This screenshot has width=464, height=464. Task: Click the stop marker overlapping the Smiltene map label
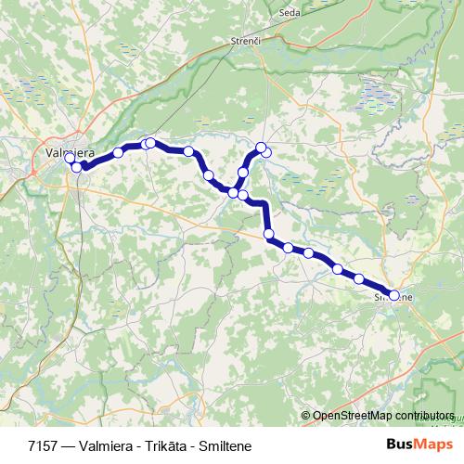click(x=394, y=296)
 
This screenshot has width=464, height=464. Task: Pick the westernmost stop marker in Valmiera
click(x=70, y=159)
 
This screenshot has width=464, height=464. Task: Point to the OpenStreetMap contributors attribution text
click(x=383, y=416)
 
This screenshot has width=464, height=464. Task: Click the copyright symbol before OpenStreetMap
click(x=306, y=416)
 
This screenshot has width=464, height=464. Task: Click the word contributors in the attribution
click(x=423, y=416)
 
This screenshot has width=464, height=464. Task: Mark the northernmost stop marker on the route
click(x=262, y=147)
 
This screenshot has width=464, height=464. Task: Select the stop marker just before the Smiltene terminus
click(x=359, y=278)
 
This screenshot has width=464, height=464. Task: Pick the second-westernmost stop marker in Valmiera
click(x=77, y=167)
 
